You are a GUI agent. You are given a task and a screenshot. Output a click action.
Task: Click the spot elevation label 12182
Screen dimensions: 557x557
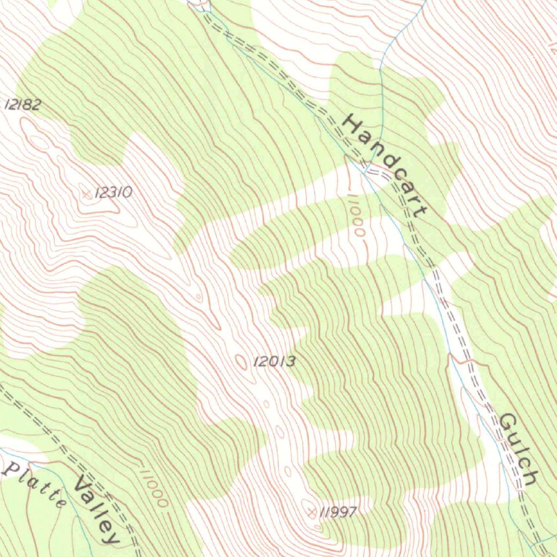[22, 104]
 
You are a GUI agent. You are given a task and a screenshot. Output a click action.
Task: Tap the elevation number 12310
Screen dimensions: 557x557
[113, 192]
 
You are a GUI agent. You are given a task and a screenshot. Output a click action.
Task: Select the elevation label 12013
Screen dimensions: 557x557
[274, 361]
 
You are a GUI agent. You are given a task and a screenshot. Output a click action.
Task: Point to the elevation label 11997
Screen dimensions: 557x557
[338, 512]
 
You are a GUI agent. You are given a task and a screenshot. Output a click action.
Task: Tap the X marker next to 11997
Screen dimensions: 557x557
[312, 512]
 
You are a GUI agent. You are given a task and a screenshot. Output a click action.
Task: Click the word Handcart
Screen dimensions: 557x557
[384, 165]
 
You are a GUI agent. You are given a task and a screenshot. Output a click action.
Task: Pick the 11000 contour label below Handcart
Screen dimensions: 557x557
[356, 215]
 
